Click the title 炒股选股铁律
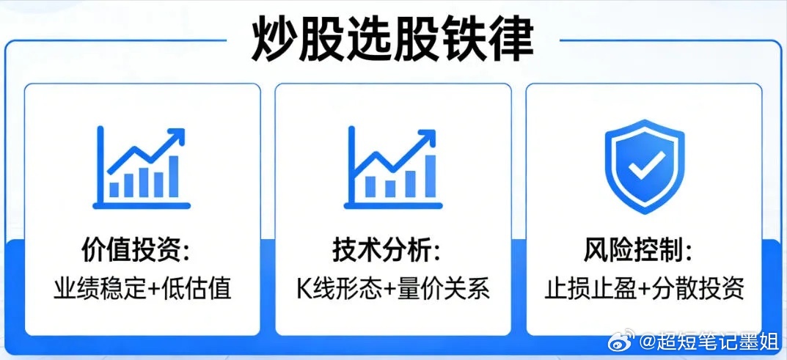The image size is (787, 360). pos(392,38)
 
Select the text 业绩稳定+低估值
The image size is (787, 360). pos(142,288)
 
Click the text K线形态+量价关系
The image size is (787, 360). pos(393,288)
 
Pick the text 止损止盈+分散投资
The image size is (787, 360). pos(645,288)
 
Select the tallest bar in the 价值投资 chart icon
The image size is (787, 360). pos(173,177)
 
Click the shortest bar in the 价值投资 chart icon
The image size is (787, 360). pos(114,189)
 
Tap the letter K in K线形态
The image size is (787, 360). pos(304,288)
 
